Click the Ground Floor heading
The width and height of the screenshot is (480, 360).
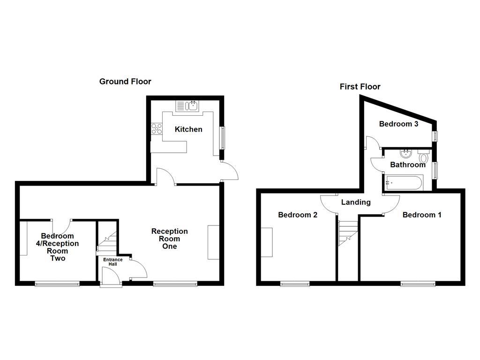125,82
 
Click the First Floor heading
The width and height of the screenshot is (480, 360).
360,87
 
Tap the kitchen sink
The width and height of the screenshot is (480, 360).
187,106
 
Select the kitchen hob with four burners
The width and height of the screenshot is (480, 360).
157,128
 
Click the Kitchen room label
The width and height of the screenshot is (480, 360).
188,129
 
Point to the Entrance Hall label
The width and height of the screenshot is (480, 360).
112,262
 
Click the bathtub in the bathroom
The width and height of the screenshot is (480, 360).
404,182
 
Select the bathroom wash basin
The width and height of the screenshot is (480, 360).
406,154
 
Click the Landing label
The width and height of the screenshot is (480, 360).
356,202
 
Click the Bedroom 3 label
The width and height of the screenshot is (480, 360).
398,124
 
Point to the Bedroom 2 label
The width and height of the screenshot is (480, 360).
298,215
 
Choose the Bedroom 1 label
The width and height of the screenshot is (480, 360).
422,215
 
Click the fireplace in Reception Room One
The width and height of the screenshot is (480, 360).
213,242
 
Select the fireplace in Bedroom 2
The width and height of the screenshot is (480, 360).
267,242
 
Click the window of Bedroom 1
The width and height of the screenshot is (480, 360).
417,283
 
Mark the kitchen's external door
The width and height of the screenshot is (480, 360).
230,171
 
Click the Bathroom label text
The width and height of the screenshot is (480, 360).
408,165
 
